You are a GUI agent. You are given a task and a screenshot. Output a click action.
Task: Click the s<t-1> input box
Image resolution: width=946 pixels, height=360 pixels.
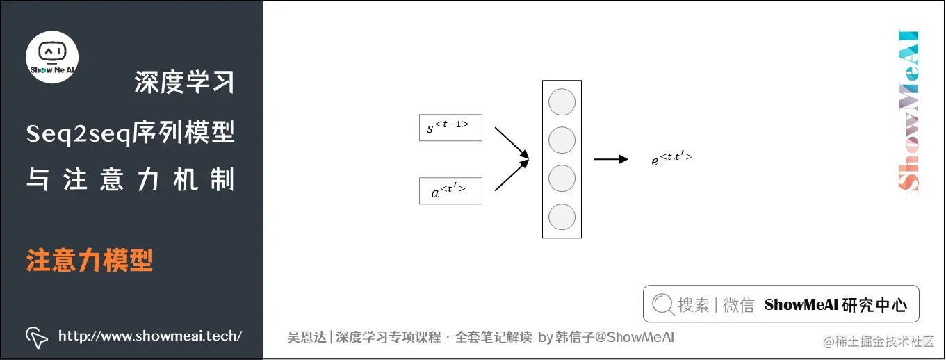[450, 127]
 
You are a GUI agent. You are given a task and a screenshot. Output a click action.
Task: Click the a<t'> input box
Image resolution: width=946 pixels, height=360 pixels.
[450, 191]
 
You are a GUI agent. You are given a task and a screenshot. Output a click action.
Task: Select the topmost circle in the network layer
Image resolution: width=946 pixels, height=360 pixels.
[562, 102]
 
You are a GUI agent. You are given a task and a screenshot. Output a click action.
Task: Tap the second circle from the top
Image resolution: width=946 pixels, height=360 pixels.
[562, 140]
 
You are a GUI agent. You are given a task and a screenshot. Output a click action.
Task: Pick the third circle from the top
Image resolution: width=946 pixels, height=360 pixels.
[562, 179]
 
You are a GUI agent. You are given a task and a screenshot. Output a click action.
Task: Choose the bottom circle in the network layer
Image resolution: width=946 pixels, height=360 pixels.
[562, 217]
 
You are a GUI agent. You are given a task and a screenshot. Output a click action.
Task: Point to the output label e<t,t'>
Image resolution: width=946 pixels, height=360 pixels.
[671, 159]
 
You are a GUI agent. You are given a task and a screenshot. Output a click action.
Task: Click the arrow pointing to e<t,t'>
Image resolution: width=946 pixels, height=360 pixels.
[611, 159]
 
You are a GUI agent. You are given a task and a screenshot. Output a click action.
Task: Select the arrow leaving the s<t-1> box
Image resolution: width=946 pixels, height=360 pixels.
[511, 143]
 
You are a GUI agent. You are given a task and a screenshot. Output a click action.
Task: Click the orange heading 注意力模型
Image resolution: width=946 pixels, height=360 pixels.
[90, 261]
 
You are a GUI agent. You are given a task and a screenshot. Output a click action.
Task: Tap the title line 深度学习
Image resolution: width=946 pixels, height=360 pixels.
[184, 83]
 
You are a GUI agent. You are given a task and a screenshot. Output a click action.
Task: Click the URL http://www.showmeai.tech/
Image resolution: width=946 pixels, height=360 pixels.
[150, 336]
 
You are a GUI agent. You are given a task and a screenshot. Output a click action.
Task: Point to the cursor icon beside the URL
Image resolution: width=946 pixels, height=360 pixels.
[36, 336]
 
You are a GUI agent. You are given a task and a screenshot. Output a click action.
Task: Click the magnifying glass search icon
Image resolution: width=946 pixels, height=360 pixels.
[663, 304]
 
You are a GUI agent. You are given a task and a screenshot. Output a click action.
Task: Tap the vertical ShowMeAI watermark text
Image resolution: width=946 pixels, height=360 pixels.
[908, 110]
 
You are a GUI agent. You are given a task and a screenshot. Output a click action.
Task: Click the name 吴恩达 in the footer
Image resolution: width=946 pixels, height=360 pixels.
[307, 337]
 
